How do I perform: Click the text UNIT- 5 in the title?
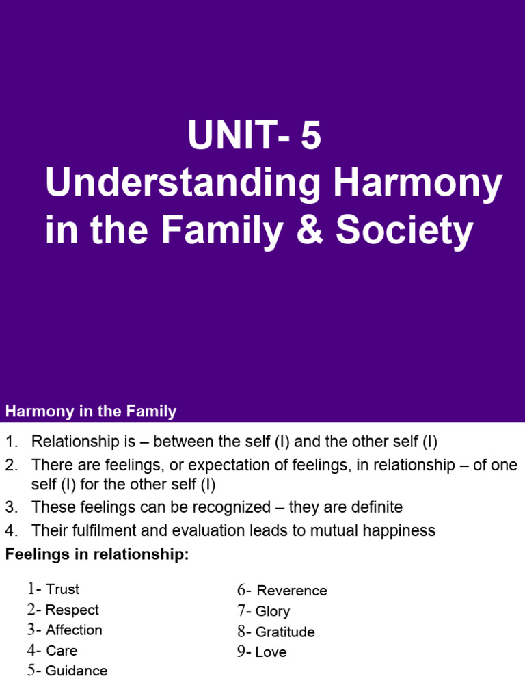(254, 137)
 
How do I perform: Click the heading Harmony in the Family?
(91, 412)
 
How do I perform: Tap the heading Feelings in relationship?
(96, 554)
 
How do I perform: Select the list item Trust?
(62, 589)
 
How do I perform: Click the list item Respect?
(72, 610)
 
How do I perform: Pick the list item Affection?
(74, 630)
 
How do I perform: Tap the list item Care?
(62, 651)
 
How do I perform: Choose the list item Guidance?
(77, 671)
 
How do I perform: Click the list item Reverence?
(291, 591)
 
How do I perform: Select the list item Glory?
(272, 611)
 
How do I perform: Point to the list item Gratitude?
(285, 632)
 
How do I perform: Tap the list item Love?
(271, 652)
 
